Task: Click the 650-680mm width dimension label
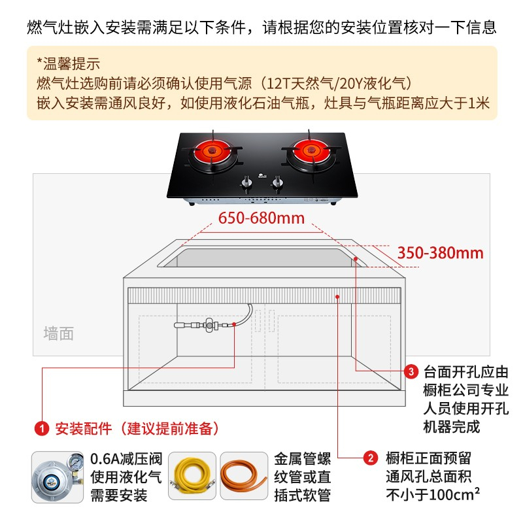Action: tap(261, 218)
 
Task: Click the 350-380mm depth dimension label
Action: tap(440, 253)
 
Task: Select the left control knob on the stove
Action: tap(246, 183)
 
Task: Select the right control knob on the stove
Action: tap(278, 183)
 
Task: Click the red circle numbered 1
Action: tap(42, 428)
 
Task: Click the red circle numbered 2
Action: tap(371, 458)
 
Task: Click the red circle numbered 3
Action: tap(411, 371)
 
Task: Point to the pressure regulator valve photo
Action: tap(58, 477)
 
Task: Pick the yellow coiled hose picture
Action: tap(192, 476)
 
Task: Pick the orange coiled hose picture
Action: tap(244, 476)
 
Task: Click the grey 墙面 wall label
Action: tap(59, 333)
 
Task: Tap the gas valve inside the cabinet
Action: tap(209, 324)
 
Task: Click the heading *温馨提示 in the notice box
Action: tap(69, 63)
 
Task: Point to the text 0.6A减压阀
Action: tap(126, 459)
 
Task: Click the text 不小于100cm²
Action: tap(433, 494)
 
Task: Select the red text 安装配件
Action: tap(84, 428)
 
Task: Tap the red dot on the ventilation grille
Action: tap(337, 297)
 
